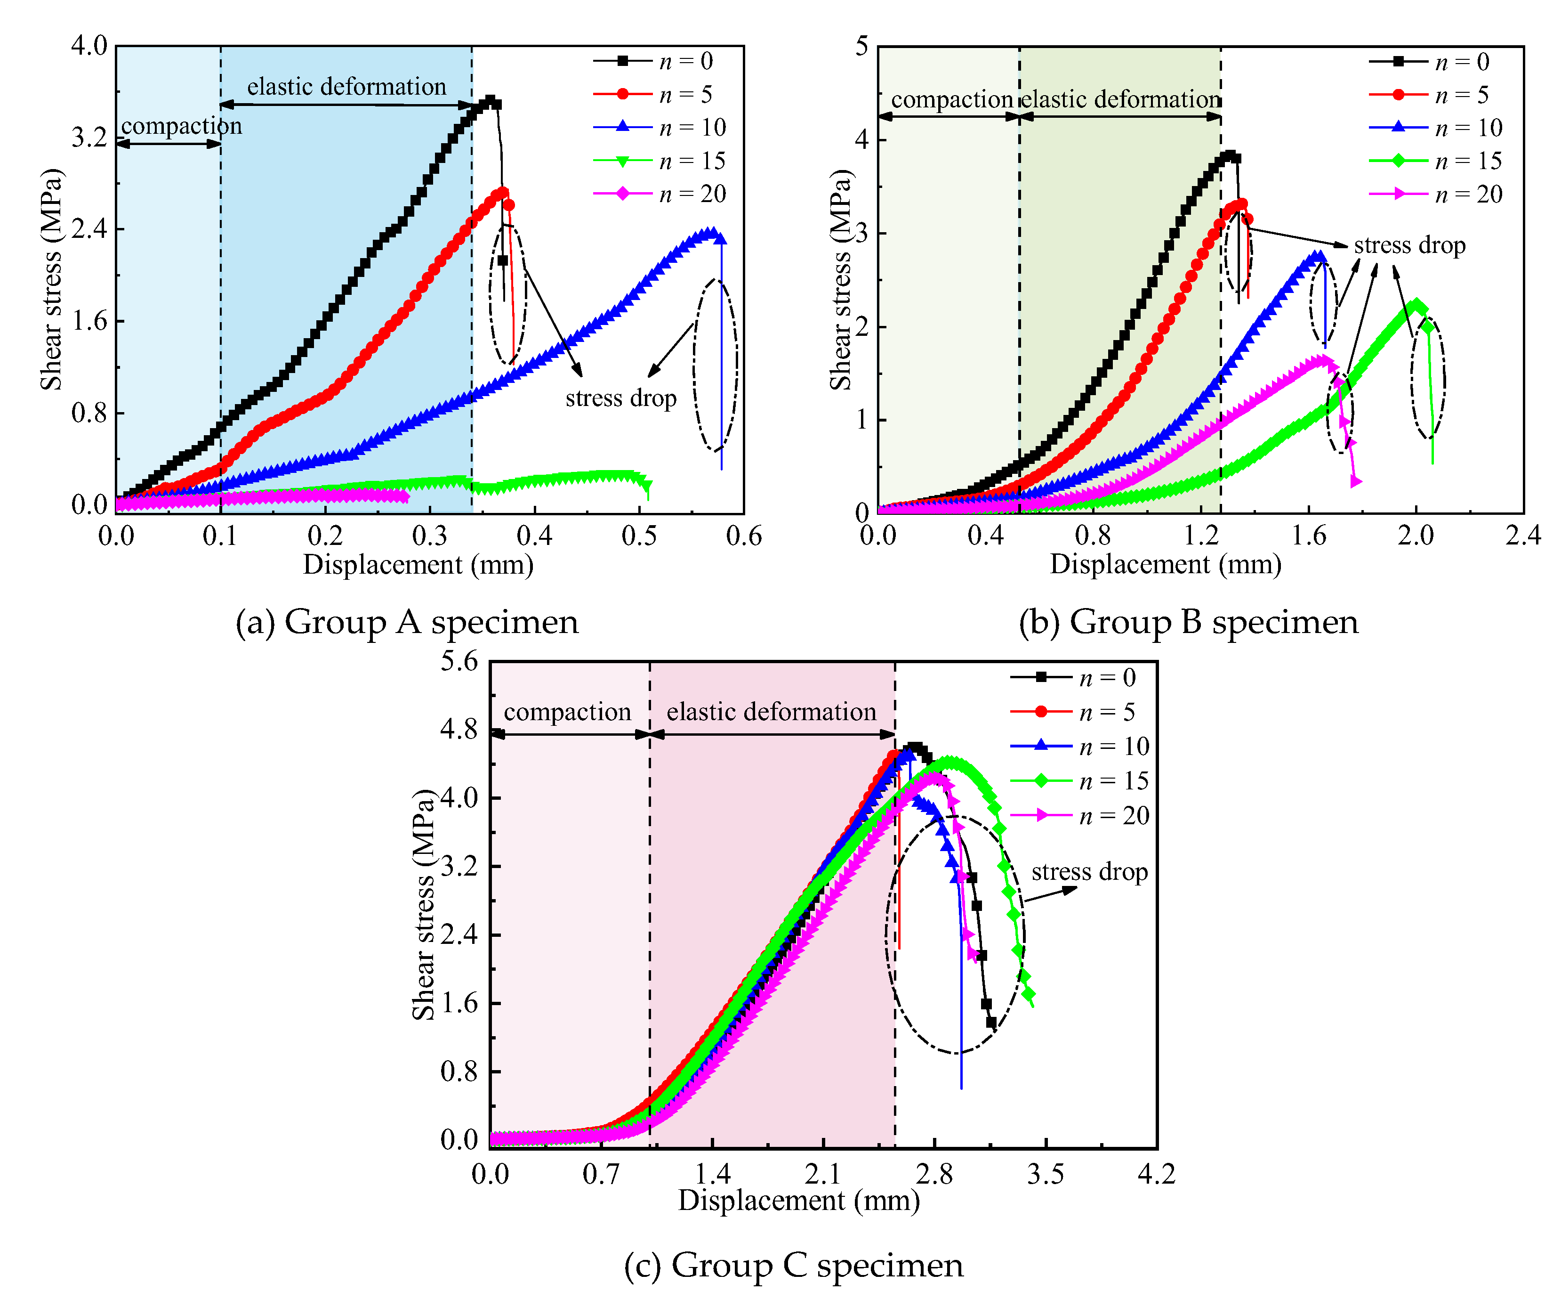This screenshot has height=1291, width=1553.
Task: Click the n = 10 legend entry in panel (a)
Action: pos(661,127)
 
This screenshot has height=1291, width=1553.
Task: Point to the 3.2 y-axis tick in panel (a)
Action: pos(89,137)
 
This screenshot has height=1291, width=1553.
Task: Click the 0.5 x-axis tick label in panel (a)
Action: pos(639,536)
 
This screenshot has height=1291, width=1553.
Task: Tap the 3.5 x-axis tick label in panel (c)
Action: pos(1045,1173)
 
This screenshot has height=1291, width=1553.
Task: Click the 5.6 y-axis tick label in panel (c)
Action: pos(459,661)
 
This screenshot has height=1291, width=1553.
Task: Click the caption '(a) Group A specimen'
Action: pos(407,621)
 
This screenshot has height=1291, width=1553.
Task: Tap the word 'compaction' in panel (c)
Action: pos(567,711)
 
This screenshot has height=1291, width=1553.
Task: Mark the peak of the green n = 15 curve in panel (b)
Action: pos(1416,305)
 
